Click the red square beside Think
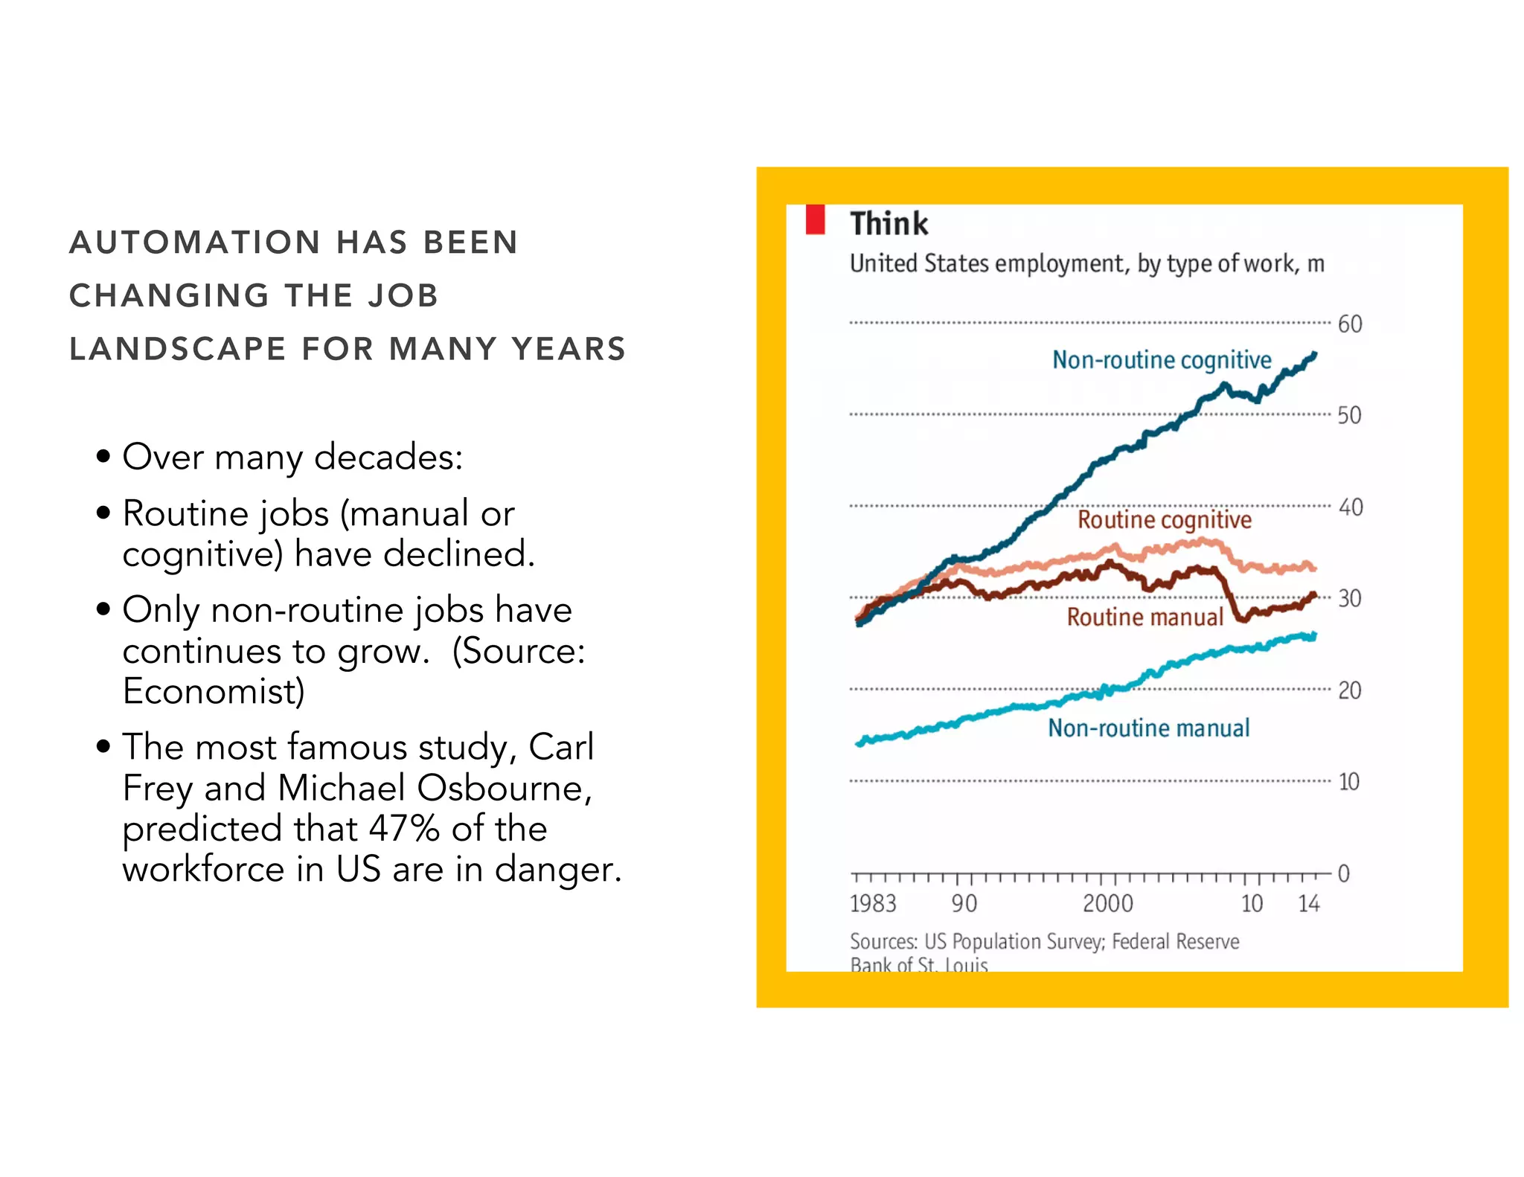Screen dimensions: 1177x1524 [815, 220]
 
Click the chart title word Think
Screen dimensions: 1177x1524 [889, 224]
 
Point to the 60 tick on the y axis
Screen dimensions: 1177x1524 [1349, 324]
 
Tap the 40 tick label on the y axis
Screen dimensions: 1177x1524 [1350, 507]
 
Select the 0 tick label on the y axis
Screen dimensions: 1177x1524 [1343, 873]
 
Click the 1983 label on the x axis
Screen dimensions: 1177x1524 [873, 903]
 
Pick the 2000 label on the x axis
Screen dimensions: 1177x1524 [1107, 903]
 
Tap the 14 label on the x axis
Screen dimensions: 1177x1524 [1308, 903]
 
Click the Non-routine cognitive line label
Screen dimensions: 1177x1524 [1161, 360]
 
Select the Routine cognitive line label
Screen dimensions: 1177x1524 [1164, 519]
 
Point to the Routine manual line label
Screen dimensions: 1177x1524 [1144, 617]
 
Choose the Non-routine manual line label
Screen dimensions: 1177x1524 [1148, 728]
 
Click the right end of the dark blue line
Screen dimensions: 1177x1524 [1314, 356]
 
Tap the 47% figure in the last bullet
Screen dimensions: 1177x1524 [403, 829]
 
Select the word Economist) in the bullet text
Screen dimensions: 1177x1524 [214, 691]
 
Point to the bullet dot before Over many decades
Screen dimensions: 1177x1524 [103, 456]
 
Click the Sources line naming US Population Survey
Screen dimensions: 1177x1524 [1044, 942]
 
